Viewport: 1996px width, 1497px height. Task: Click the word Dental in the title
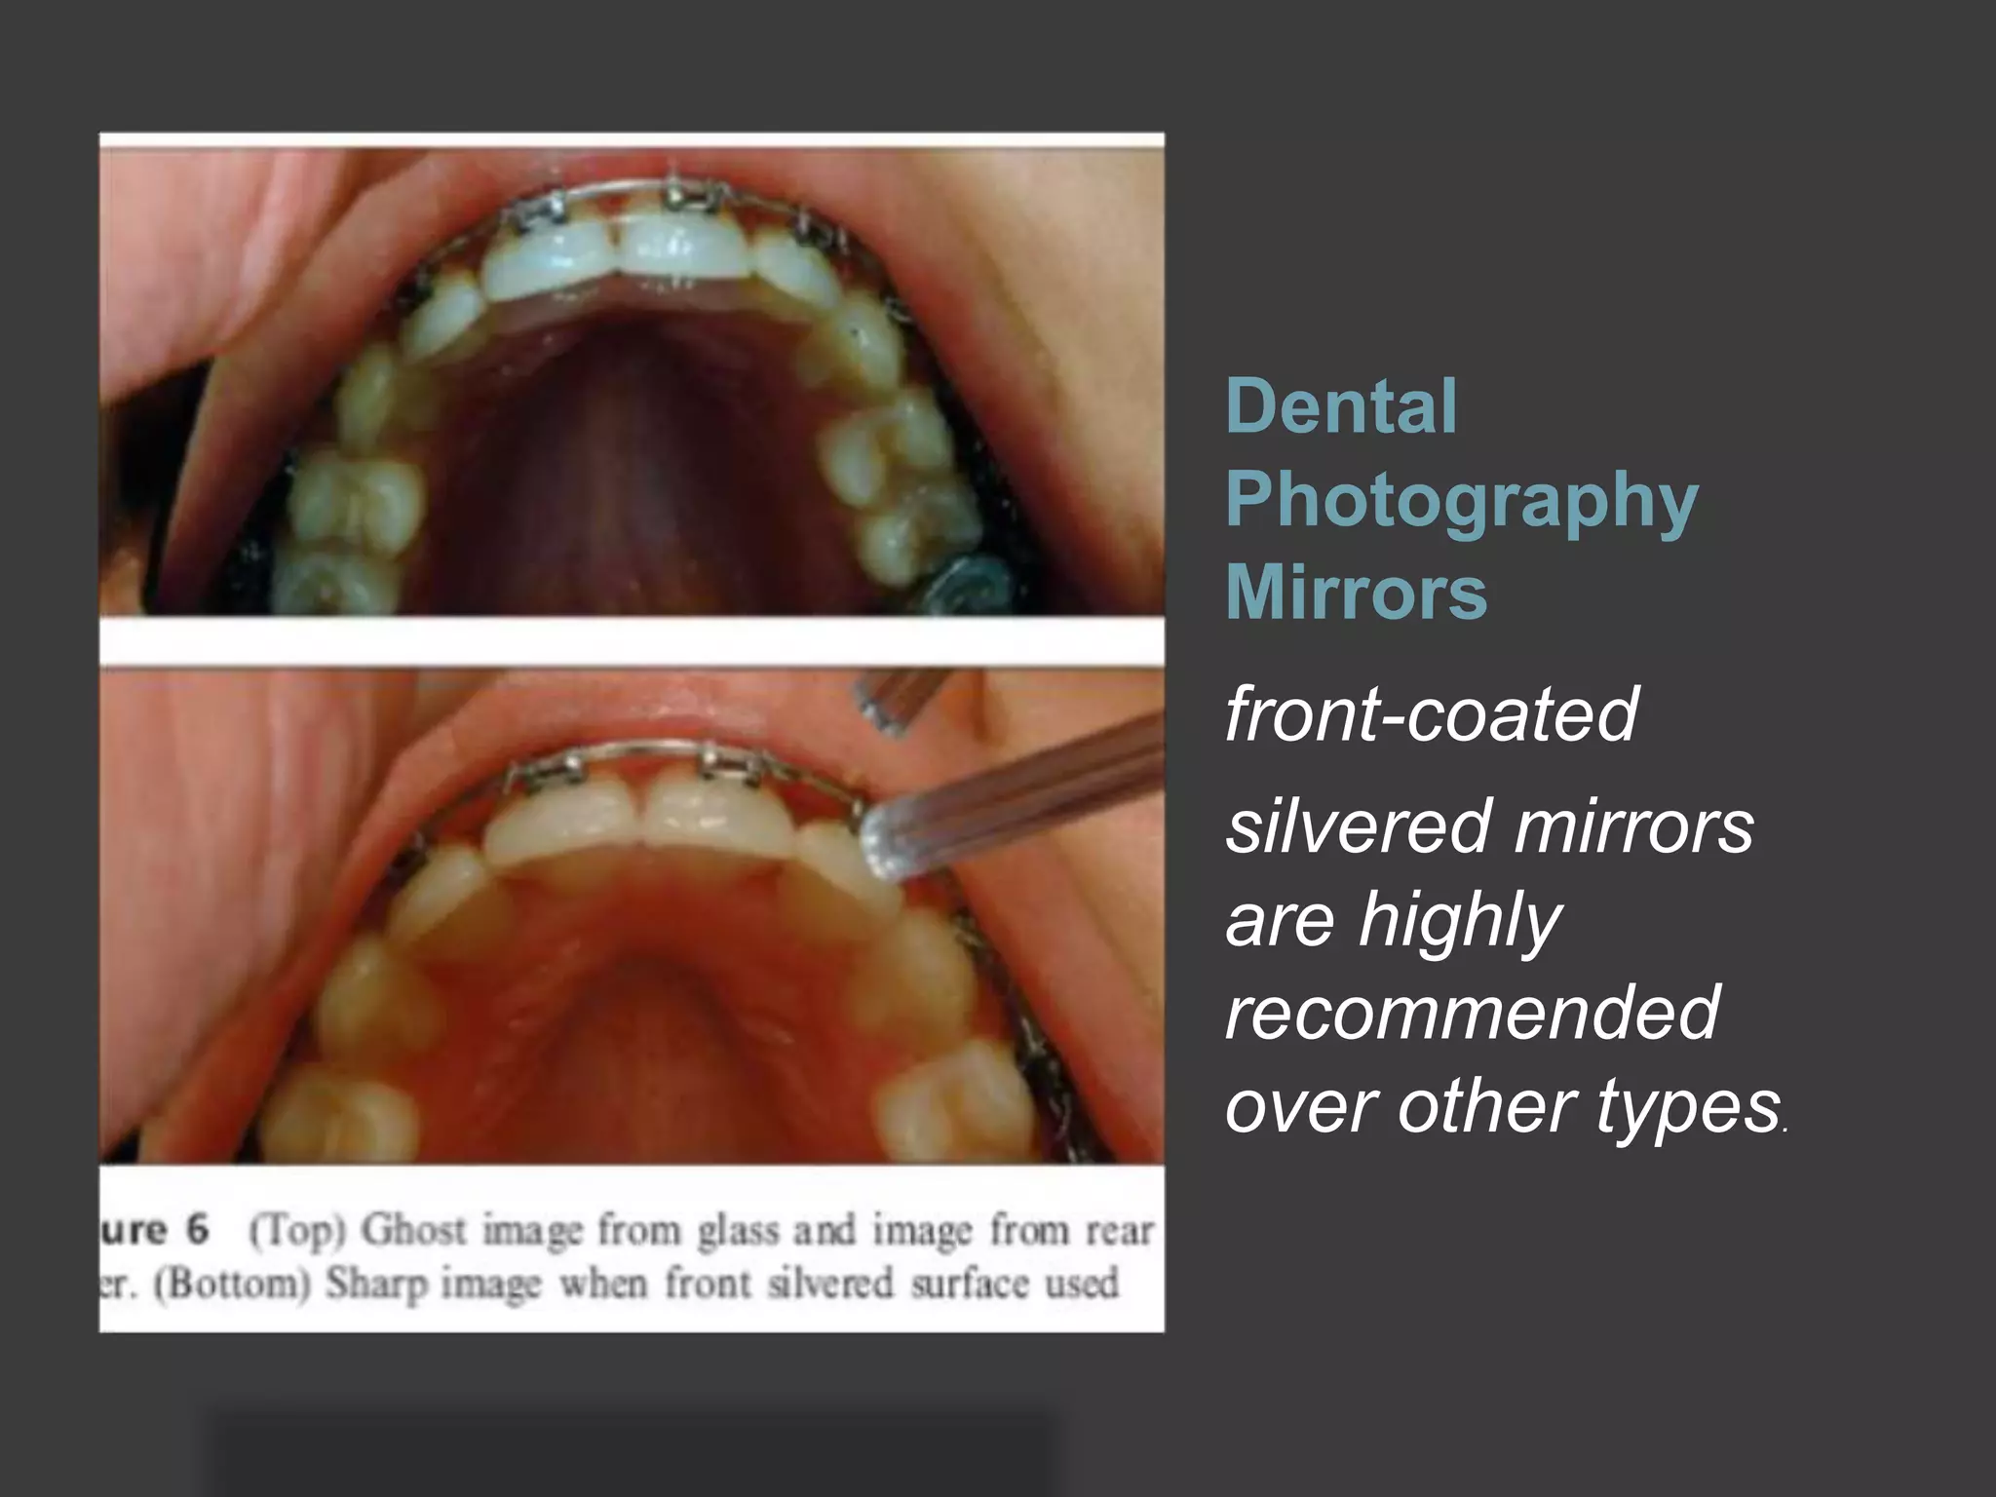1341,406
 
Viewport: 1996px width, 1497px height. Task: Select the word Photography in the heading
1461,500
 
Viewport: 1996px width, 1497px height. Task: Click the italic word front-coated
1431,714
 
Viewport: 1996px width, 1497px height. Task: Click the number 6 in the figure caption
198,1229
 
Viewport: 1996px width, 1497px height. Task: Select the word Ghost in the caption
414,1231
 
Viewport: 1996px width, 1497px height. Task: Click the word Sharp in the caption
376,1285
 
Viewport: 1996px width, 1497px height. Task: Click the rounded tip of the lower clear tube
884,840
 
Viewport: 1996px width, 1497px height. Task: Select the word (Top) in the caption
297,1231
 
